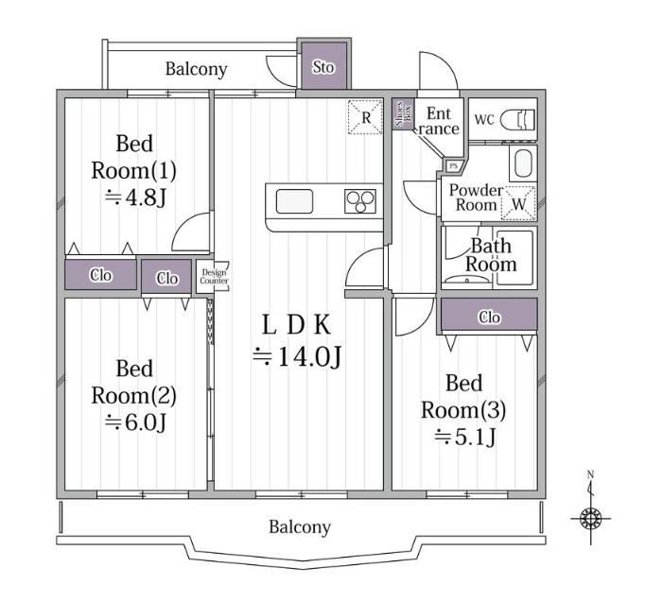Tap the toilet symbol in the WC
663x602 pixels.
(x=517, y=120)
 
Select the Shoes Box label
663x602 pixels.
(x=403, y=114)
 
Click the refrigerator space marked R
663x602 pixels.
(x=365, y=117)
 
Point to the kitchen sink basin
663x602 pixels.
(x=295, y=201)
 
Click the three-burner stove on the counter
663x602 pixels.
(x=360, y=201)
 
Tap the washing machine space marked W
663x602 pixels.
(x=518, y=203)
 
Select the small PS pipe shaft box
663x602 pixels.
(x=454, y=166)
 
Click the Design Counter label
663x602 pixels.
(x=214, y=277)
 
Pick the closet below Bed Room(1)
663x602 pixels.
(x=100, y=275)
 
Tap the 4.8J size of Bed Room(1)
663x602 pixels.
(x=135, y=198)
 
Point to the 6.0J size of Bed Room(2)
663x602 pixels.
(x=136, y=422)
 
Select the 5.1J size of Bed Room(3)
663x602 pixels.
(x=464, y=437)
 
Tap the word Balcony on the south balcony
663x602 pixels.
(x=300, y=527)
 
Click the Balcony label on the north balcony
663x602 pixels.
(x=196, y=69)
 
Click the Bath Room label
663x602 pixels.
(x=491, y=255)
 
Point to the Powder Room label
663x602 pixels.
(x=476, y=198)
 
